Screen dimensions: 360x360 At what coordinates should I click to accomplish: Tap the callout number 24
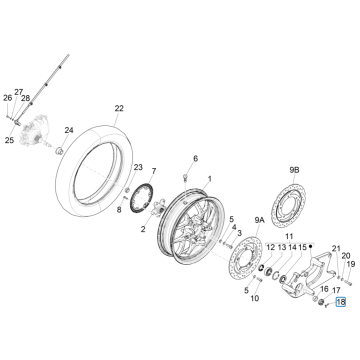point(69,130)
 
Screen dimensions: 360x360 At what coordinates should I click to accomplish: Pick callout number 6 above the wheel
point(196,160)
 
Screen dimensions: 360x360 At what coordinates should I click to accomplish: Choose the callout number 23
point(138,168)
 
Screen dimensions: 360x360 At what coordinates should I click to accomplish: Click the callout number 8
point(117,211)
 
